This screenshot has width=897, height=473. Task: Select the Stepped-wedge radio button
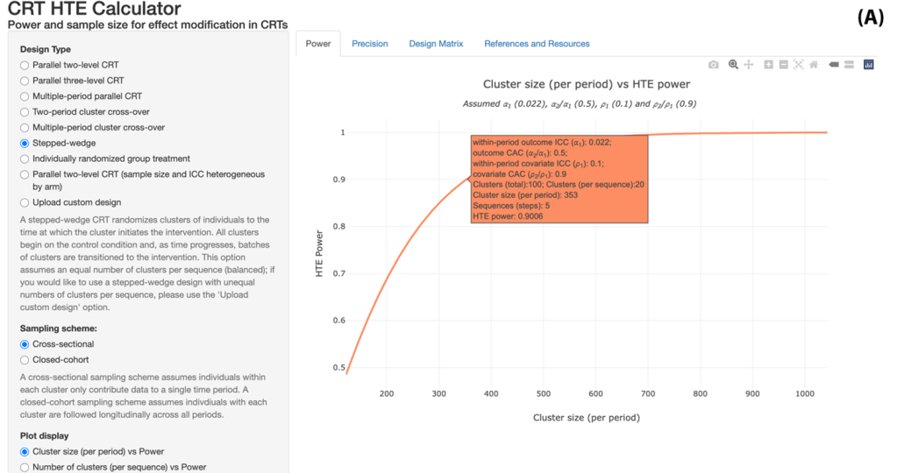(x=25, y=144)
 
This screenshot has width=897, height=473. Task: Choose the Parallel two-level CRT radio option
(x=25, y=65)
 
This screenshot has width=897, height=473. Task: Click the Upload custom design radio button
(x=25, y=202)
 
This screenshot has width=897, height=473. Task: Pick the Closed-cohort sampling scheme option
(x=25, y=360)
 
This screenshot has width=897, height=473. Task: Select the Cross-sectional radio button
(x=25, y=344)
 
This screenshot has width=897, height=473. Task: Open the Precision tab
(x=369, y=44)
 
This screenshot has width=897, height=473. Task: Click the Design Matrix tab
(x=436, y=44)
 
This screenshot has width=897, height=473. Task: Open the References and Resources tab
(x=537, y=44)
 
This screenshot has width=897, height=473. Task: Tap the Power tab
(x=318, y=44)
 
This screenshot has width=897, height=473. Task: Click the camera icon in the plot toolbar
(x=714, y=65)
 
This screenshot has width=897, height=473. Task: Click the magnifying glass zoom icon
(x=733, y=65)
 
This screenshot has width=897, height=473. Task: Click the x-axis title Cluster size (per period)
(x=586, y=418)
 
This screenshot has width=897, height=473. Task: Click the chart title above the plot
(x=586, y=84)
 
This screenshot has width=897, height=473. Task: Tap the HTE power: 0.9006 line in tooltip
(x=508, y=215)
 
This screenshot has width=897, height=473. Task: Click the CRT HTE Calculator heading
(x=95, y=9)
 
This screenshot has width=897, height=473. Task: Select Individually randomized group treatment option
(x=25, y=159)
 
